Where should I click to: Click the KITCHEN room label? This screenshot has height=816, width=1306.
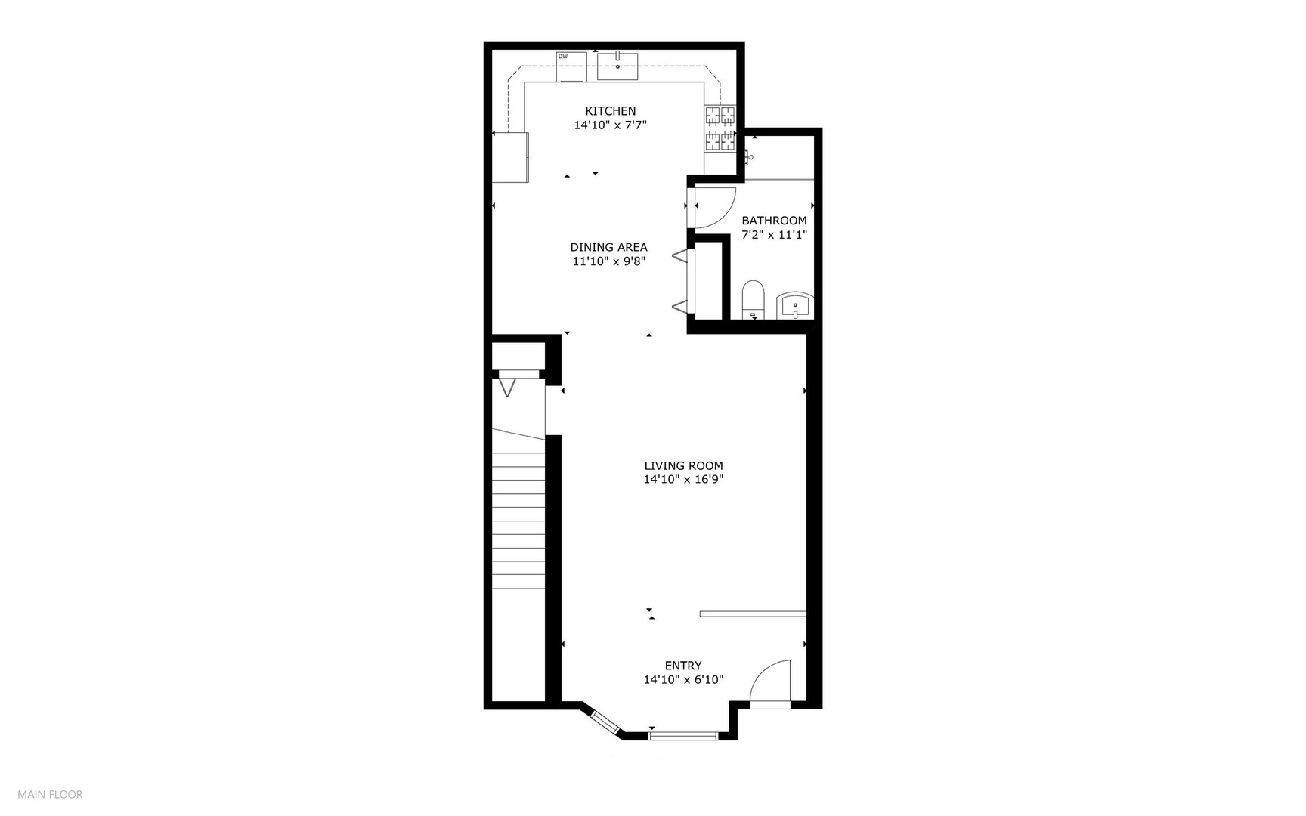(610, 111)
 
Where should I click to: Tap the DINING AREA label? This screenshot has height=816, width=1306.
(608, 247)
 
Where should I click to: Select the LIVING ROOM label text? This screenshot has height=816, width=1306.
(683, 466)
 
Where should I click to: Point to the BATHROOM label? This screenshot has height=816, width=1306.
(774, 221)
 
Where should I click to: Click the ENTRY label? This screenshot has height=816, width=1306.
(683, 666)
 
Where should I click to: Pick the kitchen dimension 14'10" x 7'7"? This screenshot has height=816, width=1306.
(610, 125)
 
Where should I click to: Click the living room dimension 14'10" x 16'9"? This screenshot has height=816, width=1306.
(683, 479)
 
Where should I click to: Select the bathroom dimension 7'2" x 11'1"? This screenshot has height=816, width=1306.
(774, 235)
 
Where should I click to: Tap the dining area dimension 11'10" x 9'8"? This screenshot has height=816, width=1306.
(608, 261)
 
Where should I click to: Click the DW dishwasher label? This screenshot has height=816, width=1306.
(562, 57)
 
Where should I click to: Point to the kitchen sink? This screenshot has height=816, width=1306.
(617, 66)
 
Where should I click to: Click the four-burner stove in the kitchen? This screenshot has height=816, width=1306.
(720, 128)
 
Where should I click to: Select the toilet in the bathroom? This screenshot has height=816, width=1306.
(754, 298)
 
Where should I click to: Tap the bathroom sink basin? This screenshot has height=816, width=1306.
(795, 305)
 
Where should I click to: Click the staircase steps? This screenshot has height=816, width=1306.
(518, 521)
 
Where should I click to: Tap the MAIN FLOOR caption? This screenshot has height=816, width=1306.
(51, 794)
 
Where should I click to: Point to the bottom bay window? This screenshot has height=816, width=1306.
(682, 734)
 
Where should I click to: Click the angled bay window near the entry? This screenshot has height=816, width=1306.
(605, 722)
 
